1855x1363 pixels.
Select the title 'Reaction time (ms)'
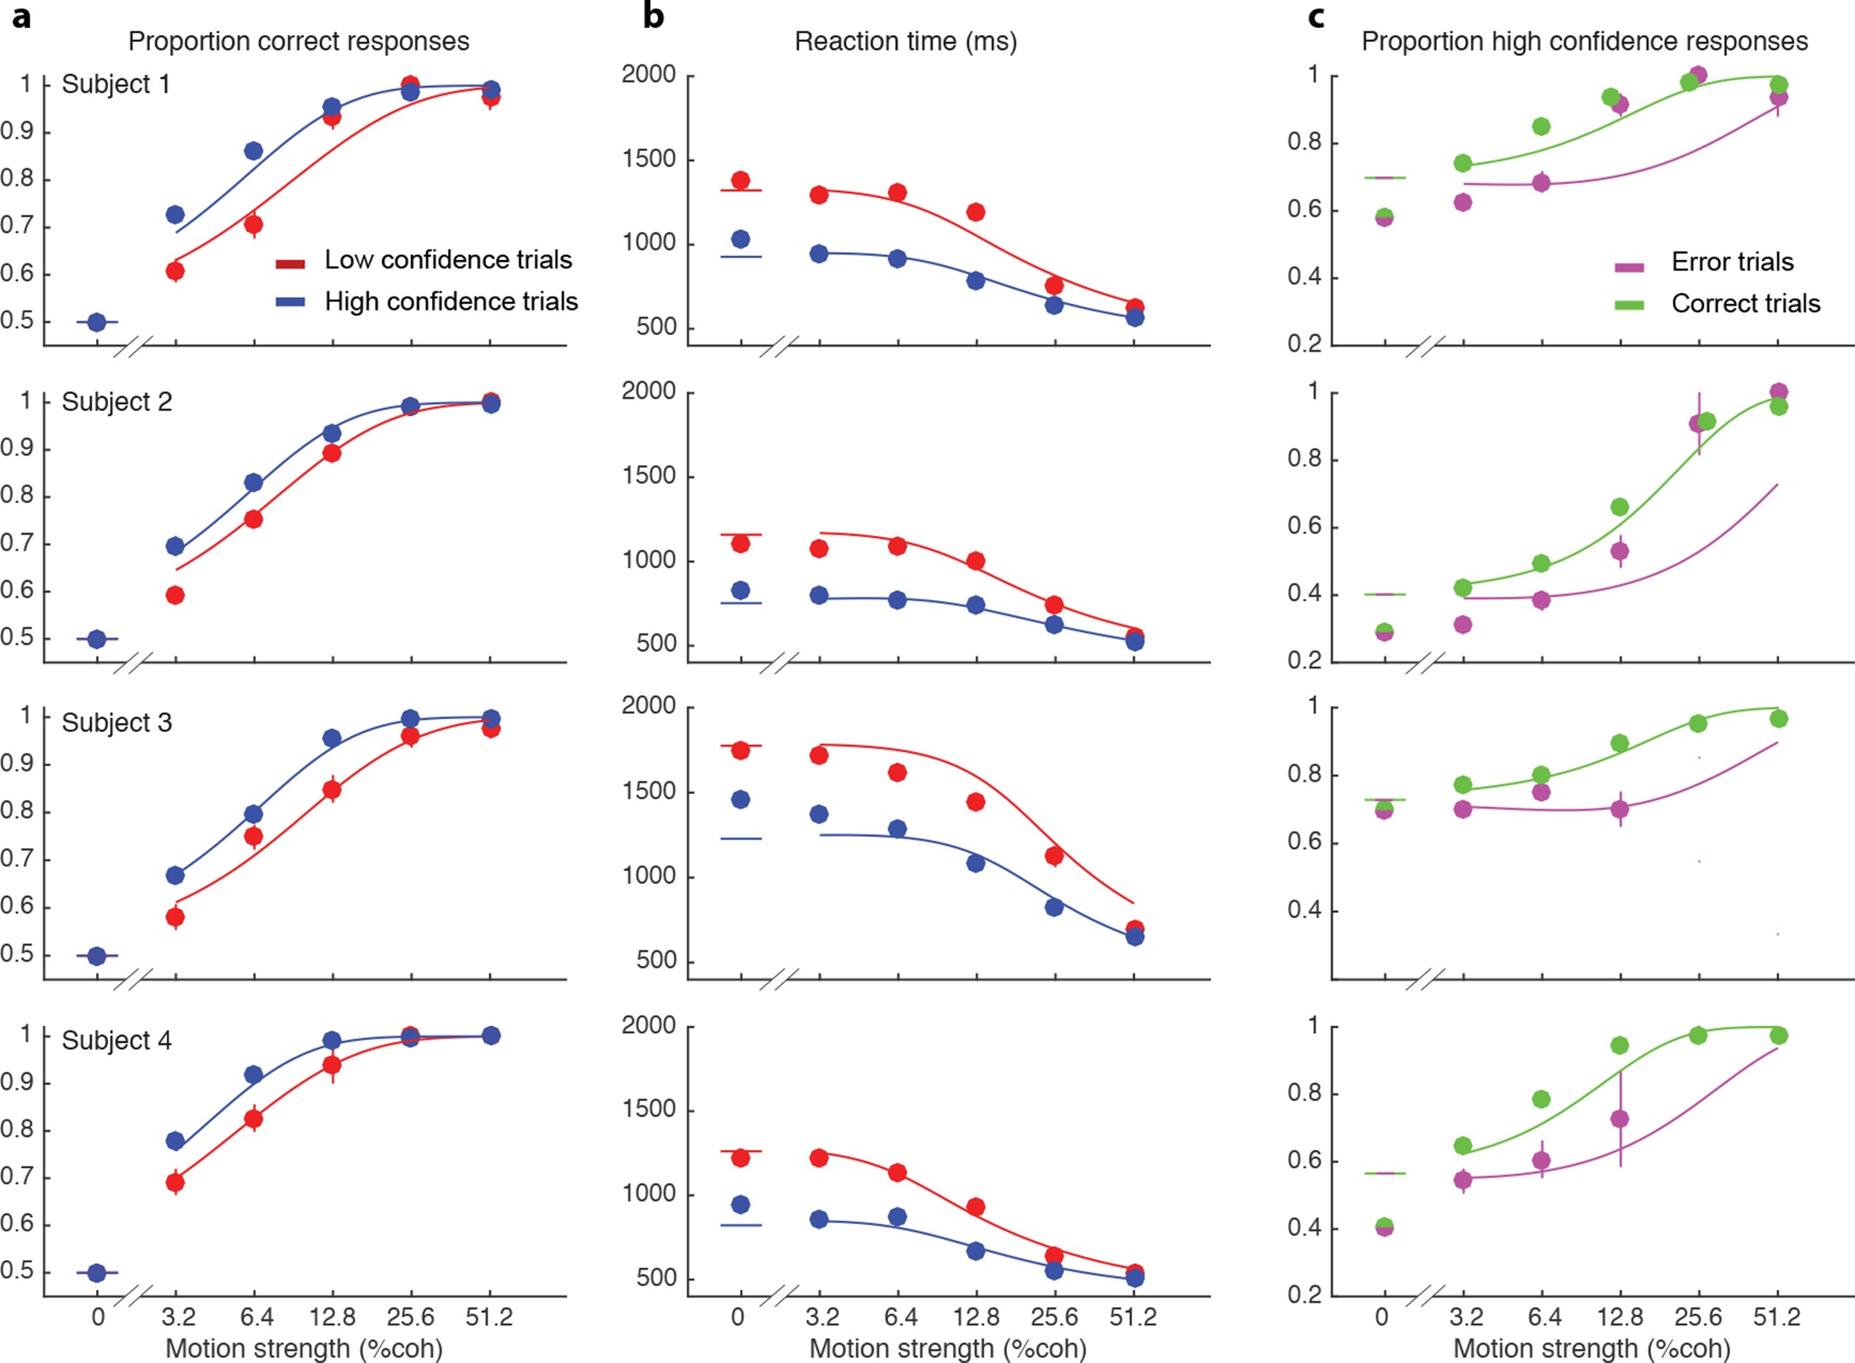[905, 42]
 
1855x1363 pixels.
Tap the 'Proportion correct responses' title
[298, 42]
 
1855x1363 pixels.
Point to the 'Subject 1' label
[115, 85]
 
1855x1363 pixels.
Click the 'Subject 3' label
[116, 723]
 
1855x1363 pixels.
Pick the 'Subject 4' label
[116, 1040]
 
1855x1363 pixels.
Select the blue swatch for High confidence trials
[291, 302]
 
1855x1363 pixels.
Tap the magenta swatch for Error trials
[1629, 266]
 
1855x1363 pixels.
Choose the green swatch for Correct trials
[1629, 305]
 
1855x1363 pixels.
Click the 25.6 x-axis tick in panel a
[410, 1317]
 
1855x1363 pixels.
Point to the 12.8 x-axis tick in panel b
[975, 1317]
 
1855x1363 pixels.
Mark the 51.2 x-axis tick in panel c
[1776, 1317]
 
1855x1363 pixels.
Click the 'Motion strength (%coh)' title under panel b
[948, 1348]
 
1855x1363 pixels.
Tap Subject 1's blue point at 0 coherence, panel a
[97, 322]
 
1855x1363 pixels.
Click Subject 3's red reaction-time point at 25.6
[1054, 856]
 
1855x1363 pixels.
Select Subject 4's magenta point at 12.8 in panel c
[1620, 1119]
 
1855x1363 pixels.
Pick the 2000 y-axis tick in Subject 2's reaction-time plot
[648, 392]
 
